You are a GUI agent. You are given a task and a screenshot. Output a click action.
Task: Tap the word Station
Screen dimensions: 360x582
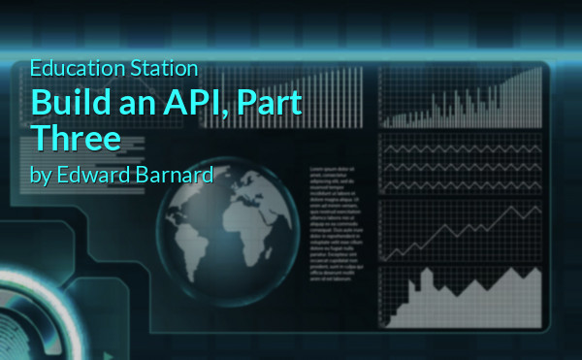click(x=166, y=69)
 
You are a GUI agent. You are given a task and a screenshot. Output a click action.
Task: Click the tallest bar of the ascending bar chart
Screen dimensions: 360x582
click(x=536, y=97)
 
